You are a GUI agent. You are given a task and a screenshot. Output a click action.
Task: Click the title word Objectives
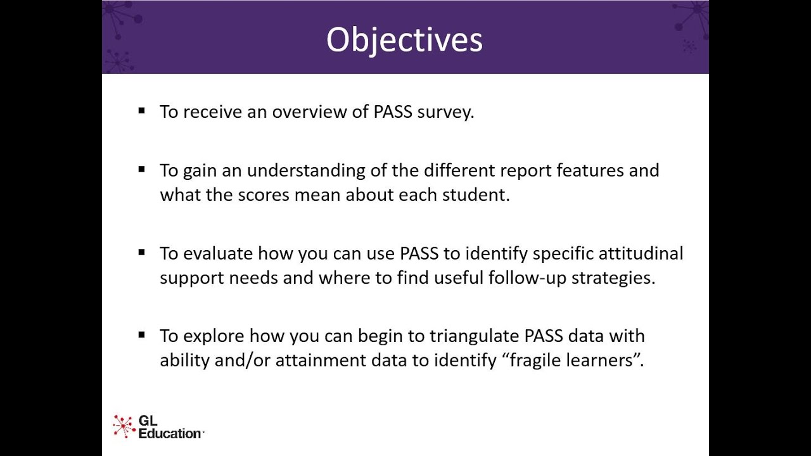point(404,40)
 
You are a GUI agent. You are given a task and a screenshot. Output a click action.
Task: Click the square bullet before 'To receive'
point(141,111)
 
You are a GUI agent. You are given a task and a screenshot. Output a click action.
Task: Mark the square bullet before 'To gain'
point(141,169)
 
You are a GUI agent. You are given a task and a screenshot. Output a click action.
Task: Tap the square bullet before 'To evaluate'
point(141,252)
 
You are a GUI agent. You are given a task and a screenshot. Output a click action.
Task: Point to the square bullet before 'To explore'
point(141,334)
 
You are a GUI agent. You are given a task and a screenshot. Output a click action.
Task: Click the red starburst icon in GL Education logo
point(124,426)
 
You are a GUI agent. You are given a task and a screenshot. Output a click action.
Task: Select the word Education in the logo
point(169,433)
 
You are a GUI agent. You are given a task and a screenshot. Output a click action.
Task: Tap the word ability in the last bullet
point(182,360)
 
